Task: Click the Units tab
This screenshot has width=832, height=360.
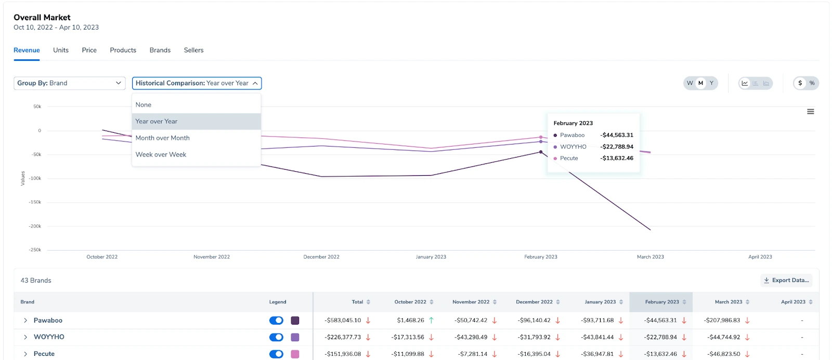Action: point(61,50)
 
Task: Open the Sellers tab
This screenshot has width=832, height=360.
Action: point(193,50)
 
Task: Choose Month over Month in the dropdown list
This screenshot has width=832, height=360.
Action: point(163,138)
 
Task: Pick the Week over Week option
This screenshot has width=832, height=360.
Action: point(161,155)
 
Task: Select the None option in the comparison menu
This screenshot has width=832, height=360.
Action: point(144,105)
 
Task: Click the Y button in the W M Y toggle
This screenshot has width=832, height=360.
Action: point(711,83)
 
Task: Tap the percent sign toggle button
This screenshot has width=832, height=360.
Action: point(812,83)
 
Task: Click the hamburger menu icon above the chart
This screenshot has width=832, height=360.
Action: point(810,112)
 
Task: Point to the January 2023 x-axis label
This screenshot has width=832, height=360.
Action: point(431,257)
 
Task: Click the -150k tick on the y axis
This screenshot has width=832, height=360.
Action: point(35,202)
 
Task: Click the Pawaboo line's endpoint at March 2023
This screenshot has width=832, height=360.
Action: point(650,229)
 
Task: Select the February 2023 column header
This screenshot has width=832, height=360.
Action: point(661,302)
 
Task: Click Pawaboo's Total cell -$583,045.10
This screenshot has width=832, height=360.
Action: point(343,320)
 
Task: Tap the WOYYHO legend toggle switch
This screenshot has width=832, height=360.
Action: point(276,337)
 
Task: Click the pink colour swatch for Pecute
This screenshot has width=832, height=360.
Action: point(295,354)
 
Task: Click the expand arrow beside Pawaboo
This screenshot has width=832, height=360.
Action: point(25,320)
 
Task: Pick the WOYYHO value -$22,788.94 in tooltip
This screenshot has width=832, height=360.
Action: point(617,147)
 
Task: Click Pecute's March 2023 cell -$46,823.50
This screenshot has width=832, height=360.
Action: point(723,354)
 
